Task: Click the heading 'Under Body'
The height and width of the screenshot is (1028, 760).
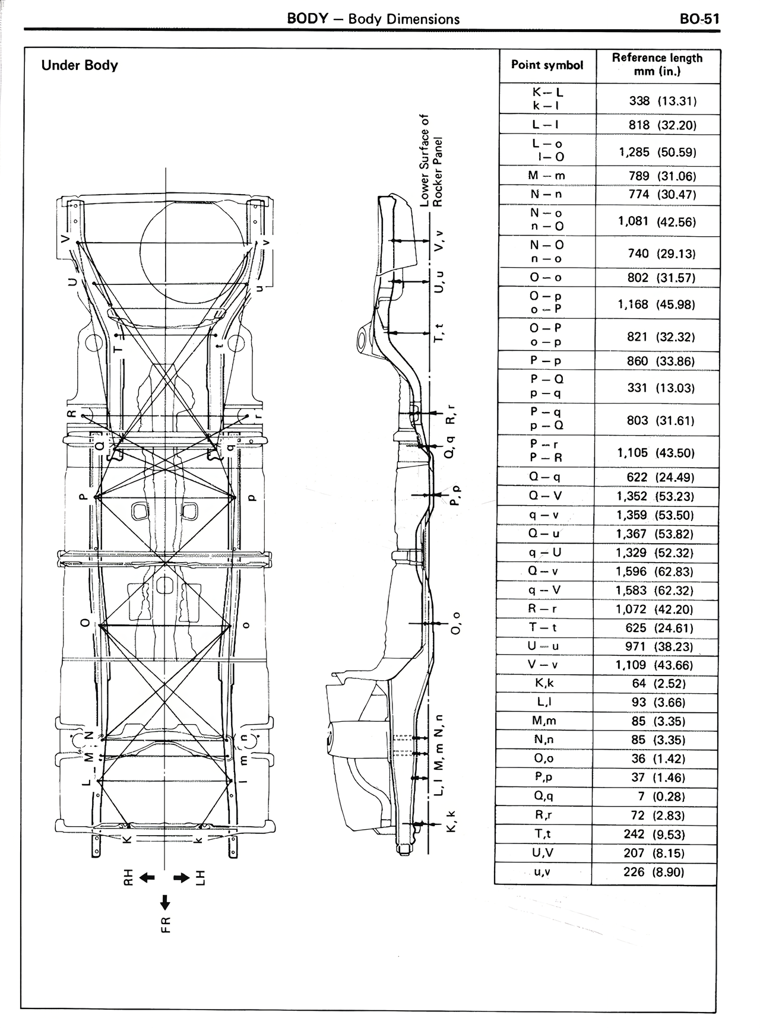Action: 80,65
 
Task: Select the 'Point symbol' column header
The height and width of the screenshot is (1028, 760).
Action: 547,65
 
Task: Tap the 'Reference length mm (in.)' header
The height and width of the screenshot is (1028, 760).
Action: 657,65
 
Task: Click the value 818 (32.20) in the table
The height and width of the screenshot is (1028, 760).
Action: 663,125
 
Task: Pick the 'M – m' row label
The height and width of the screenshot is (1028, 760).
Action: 546,176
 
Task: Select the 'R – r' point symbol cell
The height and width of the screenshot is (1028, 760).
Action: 543,609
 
